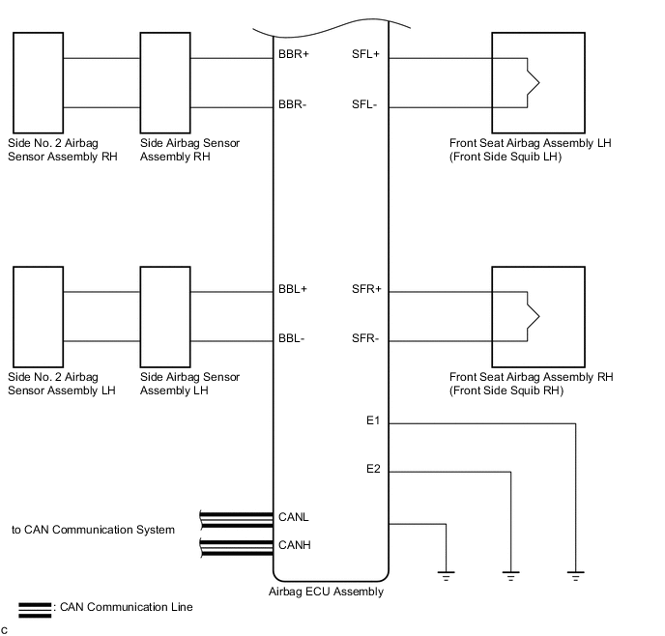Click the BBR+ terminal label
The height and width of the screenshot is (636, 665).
(x=294, y=54)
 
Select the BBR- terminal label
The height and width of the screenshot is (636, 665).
(x=292, y=104)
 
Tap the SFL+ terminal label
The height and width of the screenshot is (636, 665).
(x=365, y=54)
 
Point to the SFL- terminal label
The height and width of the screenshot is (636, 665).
(x=364, y=104)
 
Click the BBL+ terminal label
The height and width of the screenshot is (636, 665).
(x=293, y=289)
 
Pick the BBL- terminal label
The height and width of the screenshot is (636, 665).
(x=291, y=338)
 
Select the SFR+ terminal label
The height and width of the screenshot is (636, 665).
(x=366, y=289)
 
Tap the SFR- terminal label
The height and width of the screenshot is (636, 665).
(x=365, y=338)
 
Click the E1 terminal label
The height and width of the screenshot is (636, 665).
(x=373, y=420)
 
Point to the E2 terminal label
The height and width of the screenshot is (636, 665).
(x=373, y=469)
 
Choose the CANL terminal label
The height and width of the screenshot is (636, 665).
(x=294, y=517)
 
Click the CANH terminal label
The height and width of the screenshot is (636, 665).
(x=295, y=545)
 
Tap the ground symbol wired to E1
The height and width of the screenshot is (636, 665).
(x=575, y=576)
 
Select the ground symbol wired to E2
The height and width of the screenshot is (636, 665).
(x=510, y=576)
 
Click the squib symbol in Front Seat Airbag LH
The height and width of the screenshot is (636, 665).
(x=534, y=83)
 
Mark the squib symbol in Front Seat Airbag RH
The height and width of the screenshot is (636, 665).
(x=534, y=316)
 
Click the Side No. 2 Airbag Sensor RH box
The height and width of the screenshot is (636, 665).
(x=38, y=83)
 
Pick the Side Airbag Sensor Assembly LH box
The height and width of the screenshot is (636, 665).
(x=165, y=317)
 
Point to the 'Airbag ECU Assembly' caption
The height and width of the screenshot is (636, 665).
(x=326, y=592)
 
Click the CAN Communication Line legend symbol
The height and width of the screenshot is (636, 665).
(x=35, y=610)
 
